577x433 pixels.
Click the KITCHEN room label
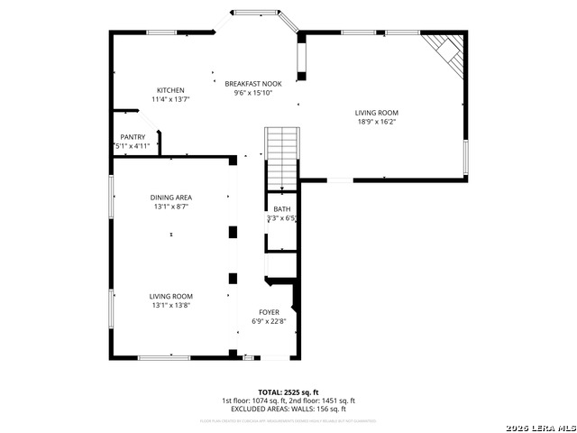tap(170, 90)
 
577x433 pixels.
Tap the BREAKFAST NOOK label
tap(252, 83)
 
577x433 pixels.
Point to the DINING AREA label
tap(170, 198)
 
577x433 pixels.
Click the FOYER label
tap(269, 312)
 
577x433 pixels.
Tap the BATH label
tap(282, 209)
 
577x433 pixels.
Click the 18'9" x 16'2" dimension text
tap(376, 122)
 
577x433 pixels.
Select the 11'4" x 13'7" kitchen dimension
tap(170, 99)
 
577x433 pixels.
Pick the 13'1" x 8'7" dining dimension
tap(170, 207)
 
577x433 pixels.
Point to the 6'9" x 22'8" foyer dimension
tap(269, 321)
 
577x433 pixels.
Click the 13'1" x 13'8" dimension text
tap(170, 306)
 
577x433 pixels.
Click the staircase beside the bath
tap(282, 158)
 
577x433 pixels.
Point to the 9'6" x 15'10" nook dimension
tap(252, 92)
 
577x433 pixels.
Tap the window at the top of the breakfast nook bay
tap(256, 12)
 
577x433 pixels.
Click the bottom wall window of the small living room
tap(163, 358)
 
